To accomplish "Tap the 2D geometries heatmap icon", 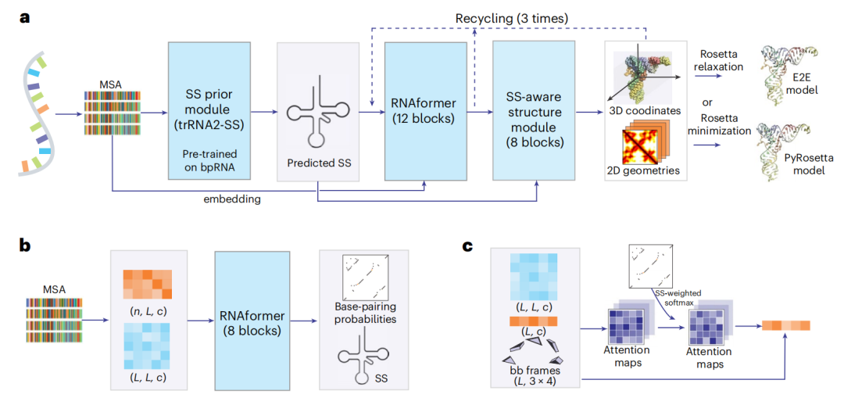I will tap(645, 145).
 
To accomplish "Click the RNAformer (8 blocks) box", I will tap(252, 317).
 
